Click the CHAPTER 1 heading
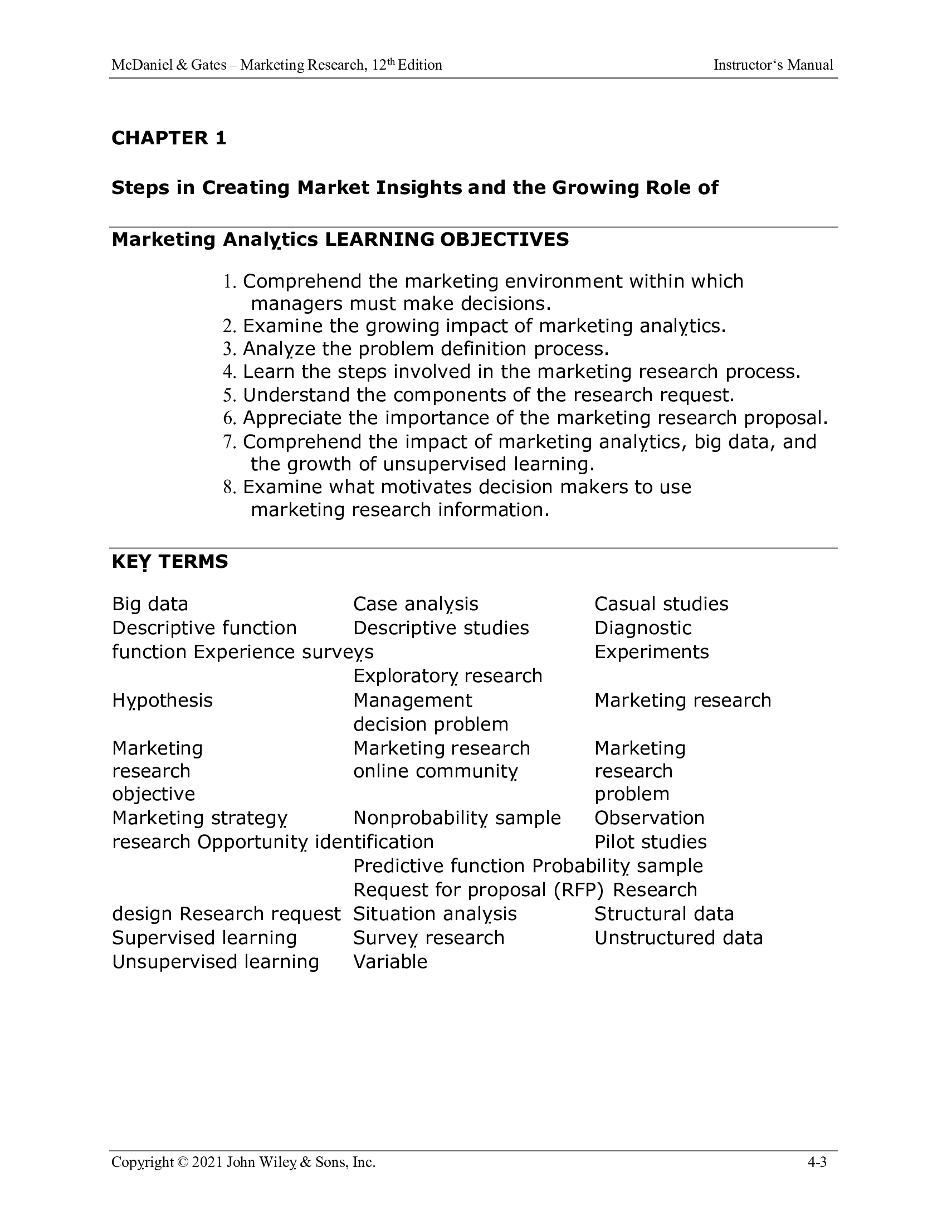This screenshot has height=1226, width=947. [169, 138]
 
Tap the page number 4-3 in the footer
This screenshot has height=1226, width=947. [817, 1162]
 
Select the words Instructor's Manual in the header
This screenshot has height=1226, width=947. [773, 65]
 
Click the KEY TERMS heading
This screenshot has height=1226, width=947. [170, 561]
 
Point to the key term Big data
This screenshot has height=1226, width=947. [150, 604]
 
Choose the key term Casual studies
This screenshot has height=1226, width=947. [661, 604]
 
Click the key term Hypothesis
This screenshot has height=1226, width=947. [162, 700]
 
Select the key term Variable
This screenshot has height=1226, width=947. [390, 962]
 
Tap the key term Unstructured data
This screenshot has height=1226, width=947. [678, 938]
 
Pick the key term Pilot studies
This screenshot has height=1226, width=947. [650, 842]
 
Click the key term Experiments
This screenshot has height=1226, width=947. [651, 652]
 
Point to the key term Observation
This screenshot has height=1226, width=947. [649, 818]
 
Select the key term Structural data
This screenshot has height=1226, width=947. [663, 914]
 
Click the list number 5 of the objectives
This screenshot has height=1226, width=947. [228, 395]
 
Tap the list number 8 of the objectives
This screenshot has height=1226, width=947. [228, 486]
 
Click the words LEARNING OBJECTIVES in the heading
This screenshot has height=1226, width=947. [447, 240]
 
